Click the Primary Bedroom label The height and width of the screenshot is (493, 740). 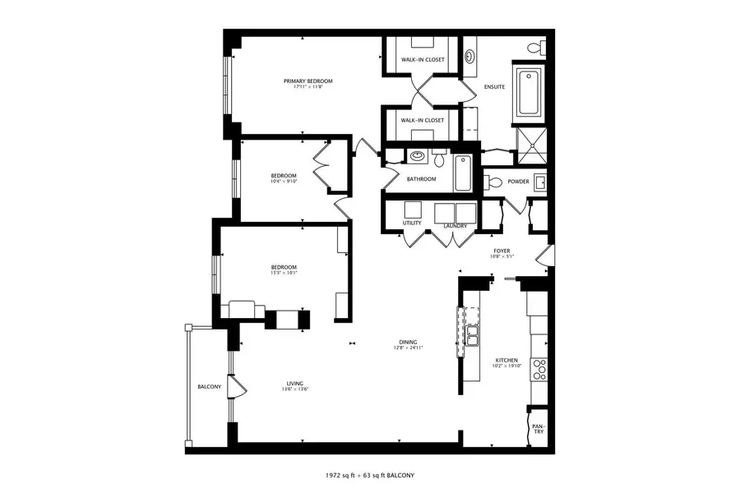pyautogui.click(x=308, y=81)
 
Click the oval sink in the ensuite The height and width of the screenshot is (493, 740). pyautogui.click(x=470, y=57)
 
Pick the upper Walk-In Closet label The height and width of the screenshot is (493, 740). pyautogui.click(x=423, y=60)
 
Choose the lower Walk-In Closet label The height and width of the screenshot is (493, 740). pyautogui.click(x=423, y=120)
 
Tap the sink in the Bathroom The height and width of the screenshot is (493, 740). pyautogui.click(x=417, y=154)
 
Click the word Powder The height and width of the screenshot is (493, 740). pyautogui.click(x=518, y=182)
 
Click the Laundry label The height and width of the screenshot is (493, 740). pyautogui.click(x=456, y=226)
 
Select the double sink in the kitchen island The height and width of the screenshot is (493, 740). pyautogui.click(x=473, y=335)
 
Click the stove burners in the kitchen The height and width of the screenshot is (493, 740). pyautogui.click(x=539, y=369)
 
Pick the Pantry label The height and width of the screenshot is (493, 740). pyautogui.click(x=537, y=430)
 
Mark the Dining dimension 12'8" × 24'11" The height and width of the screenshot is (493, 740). pyautogui.click(x=408, y=348)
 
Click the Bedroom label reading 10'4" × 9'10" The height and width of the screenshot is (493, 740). pyautogui.click(x=284, y=182)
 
